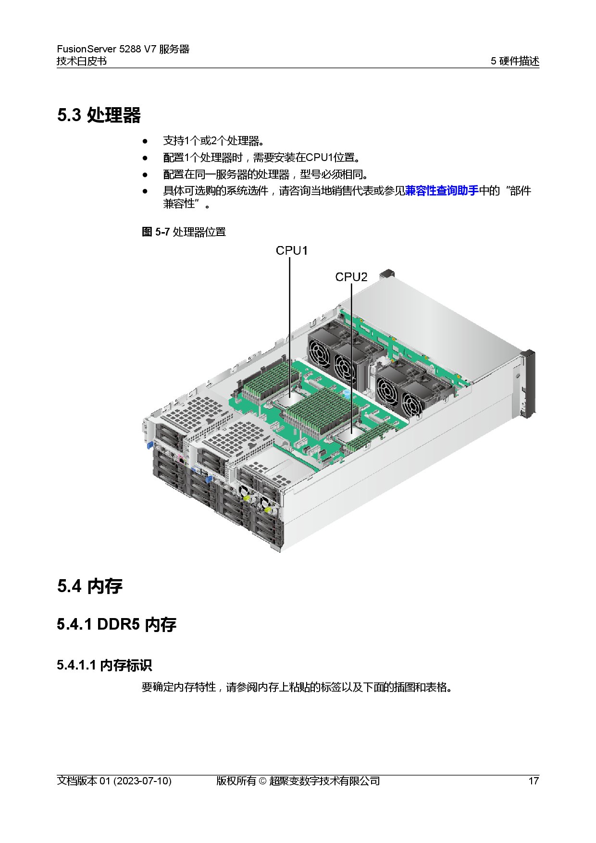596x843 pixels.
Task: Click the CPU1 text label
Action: coord(292,250)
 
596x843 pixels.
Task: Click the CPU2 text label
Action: coord(351,277)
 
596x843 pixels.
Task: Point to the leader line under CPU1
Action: coord(290,327)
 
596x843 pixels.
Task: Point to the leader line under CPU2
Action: coord(351,356)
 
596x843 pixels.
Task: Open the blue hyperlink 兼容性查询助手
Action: coord(441,191)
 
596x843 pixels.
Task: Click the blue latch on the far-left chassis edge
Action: coord(150,445)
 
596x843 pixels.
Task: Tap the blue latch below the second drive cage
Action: coord(209,479)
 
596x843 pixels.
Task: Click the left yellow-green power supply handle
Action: coord(247,498)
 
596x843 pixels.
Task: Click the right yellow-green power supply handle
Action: coord(267,508)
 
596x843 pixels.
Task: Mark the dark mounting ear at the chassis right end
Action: coord(528,383)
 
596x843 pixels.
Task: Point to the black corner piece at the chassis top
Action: coord(386,274)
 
